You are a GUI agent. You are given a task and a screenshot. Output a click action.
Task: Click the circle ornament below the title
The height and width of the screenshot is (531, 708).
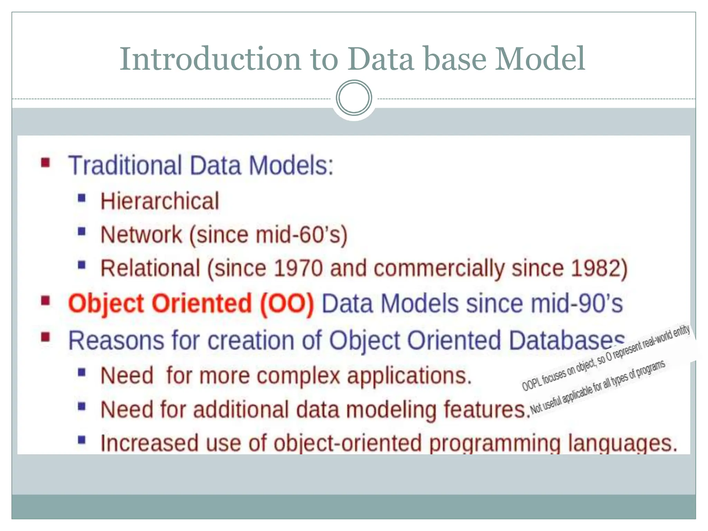click(354, 98)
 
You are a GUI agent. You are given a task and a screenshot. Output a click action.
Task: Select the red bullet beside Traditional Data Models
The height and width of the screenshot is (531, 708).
click(46, 162)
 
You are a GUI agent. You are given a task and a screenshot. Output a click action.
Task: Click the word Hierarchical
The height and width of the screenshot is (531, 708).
click(160, 201)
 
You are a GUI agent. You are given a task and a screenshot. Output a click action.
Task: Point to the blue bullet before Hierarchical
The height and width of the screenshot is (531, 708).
click(82, 198)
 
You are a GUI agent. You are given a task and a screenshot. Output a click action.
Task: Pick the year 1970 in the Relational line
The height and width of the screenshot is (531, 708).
click(298, 268)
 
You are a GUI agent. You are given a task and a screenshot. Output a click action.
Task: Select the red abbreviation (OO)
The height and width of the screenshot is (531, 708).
click(287, 304)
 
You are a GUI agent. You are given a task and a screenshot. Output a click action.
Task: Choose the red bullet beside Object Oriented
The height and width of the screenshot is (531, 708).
click(46, 301)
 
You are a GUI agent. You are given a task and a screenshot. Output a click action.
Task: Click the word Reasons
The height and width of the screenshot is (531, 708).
click(116, 341)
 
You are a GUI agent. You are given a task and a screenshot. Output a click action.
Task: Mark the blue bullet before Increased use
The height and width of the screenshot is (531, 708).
click(82, 440)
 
